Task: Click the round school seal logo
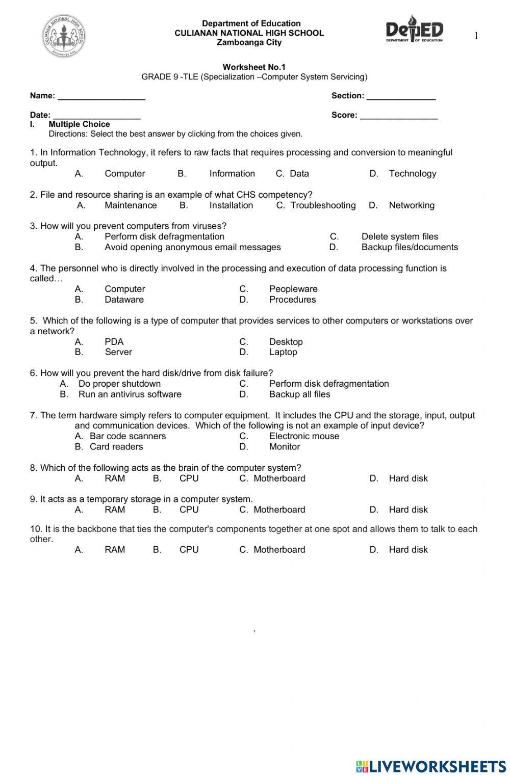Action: pos(64,36)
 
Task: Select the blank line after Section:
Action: pos(401,97)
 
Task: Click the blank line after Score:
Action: pos(399,116)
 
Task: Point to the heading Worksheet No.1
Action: pos(254,67)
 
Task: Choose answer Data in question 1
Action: pos(299,174)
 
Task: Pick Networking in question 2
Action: pos(411,205)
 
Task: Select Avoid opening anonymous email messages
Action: pos(192,247)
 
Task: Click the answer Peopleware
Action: pos(293,289)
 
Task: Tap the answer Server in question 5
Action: pos(118,352)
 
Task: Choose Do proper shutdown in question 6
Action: pos(119,384)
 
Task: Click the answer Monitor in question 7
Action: pos(284,447)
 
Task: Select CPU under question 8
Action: pos(189,478)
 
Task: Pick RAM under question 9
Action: pos(115,510)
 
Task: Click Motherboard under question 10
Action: pos(279,550)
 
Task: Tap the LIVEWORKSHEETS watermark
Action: pos(431,766)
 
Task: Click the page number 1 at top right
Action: pos(476,36)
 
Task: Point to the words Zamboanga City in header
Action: pos(249,42)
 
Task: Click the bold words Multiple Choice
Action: pos(79,124)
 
